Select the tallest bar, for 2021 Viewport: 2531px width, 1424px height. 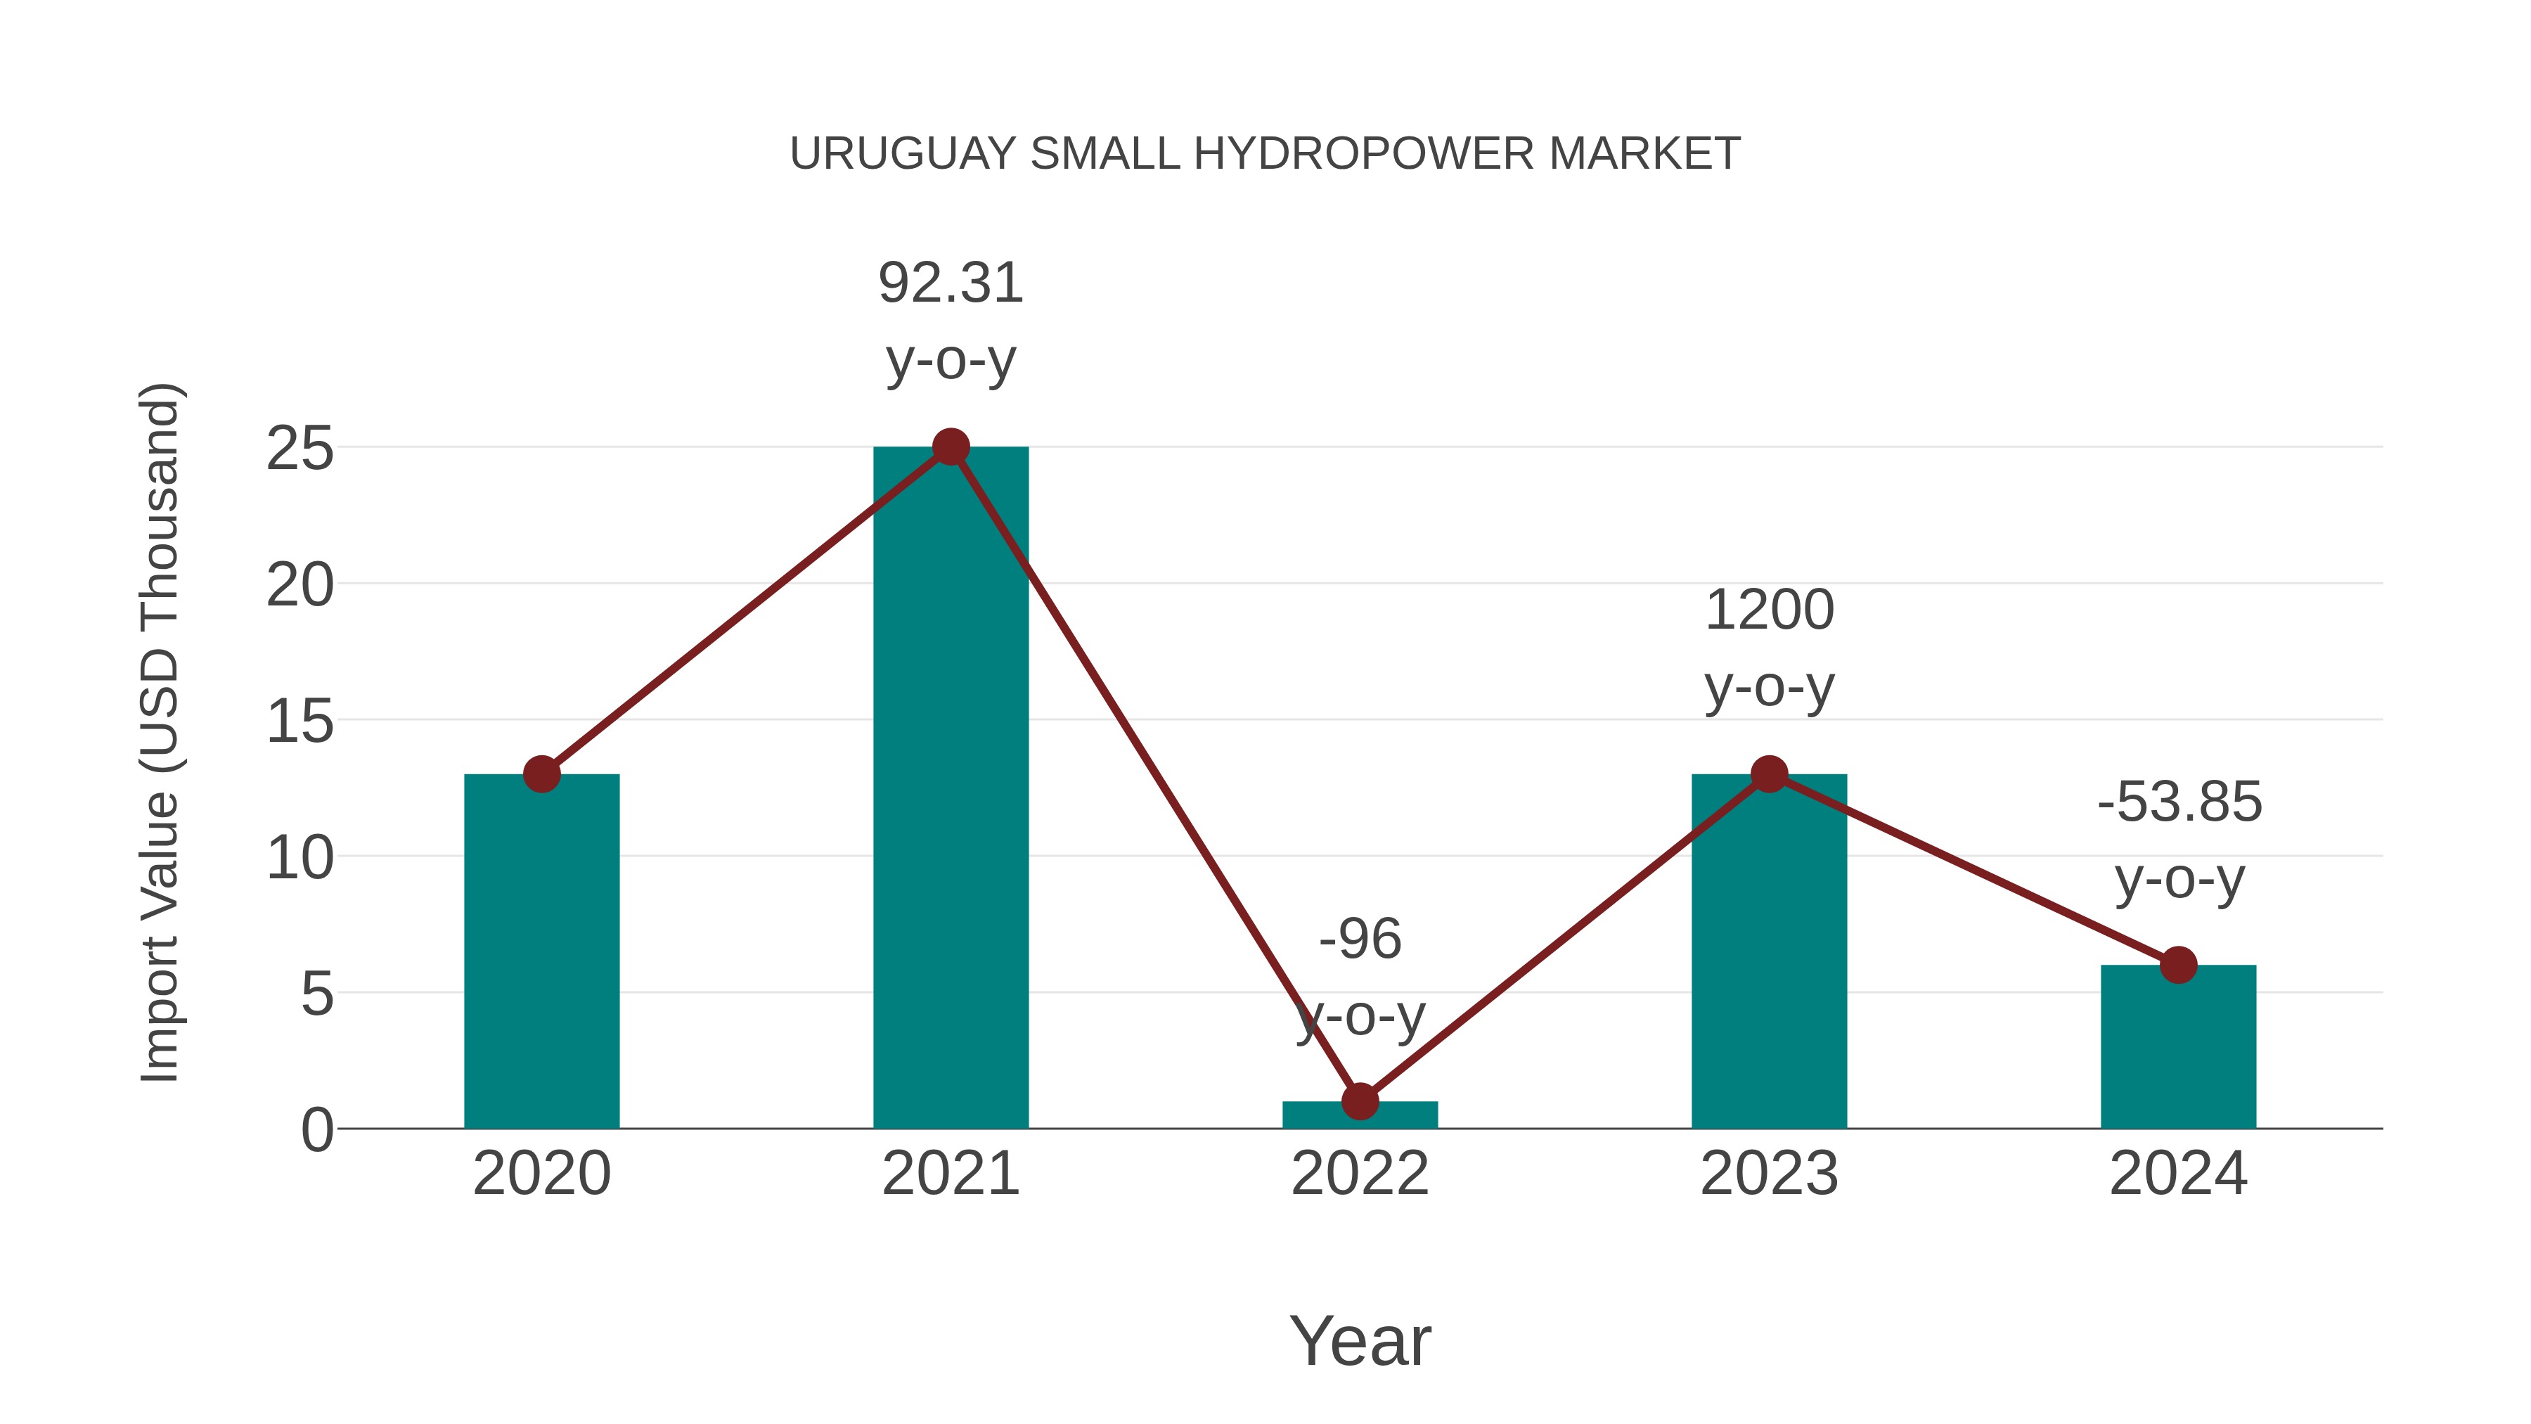(x=950, y=787)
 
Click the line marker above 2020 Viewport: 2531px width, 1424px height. (x=541, y=774)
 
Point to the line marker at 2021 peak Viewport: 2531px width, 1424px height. (x=950, y=447)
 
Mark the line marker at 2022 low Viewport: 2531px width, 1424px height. (x=1359, y=1102)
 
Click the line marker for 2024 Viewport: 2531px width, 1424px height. (x=2177, y=965)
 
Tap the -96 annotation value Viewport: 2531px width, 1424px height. (x=1359, y=939)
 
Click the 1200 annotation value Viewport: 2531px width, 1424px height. (x=1769, y=610)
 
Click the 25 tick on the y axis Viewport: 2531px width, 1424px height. (x=300, y=450)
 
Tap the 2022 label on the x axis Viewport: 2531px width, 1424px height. (x=1359, y=1174)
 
